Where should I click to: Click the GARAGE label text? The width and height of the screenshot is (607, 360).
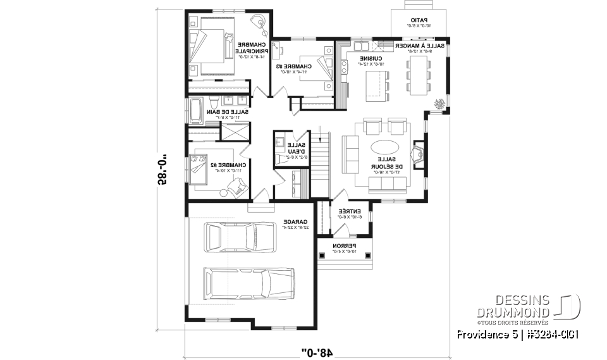click(295, 223)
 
